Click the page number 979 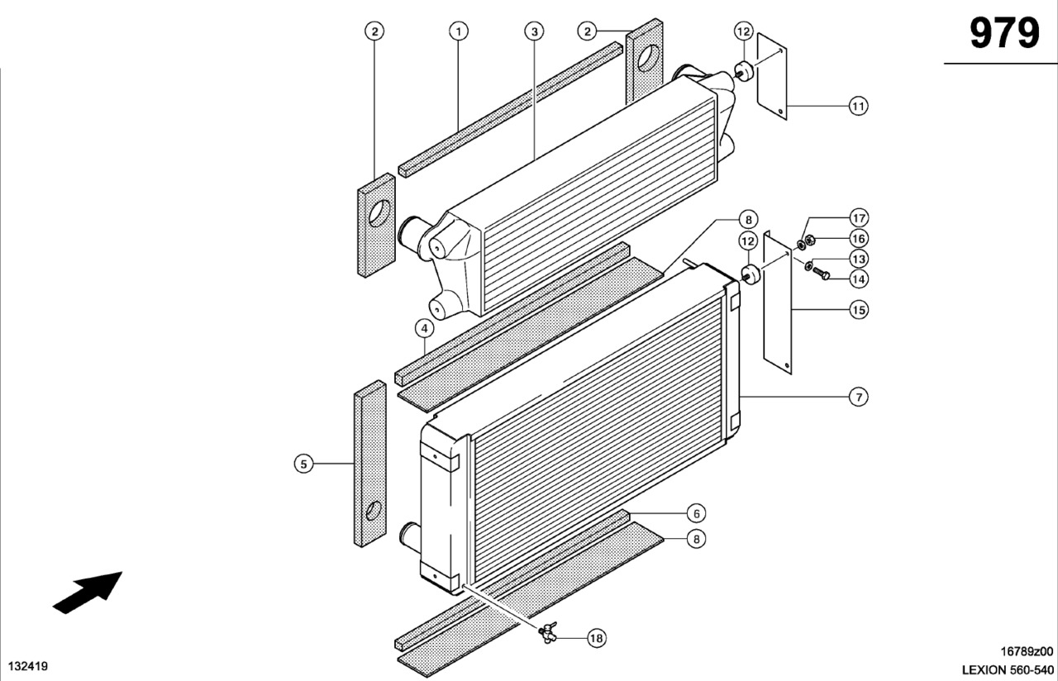pyautogui.click(x=1003, y=34)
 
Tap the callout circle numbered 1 pyautogui.click(x=459, y=31)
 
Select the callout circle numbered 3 pyautogui.click(x=535, y=31)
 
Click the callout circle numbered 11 pyautogui.click(x=859, y=106)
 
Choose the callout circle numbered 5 pyautogui.click(x=304, y=464)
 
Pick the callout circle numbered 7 pyautogui.click(x=859, y=398)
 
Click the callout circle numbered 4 pyautogui.click(x=424, y=328)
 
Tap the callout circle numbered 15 pyautogui.click(x=859, y=310)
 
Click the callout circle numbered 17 pyautogui.click(x=859, y=218)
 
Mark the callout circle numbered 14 pyautogui.click(x=859, y=279)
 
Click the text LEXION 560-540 pyautogui.click(x=1008, y=669)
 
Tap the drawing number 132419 pyautogui.click(x=28, y=665)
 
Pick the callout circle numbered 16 pyautogui.click(x=859, y=239)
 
